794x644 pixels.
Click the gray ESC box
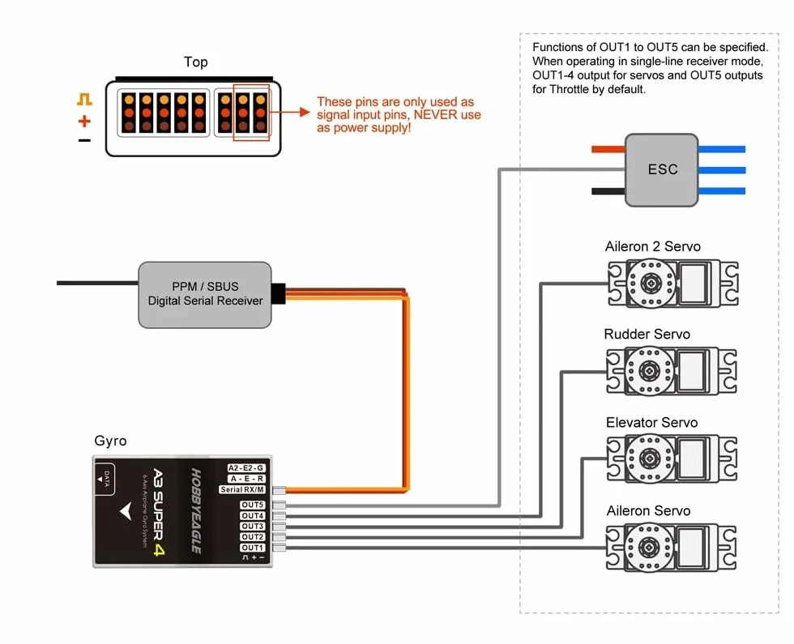pyautogui.click(x=661, y=170)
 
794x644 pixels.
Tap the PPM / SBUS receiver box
pyautogui.click(x=204, y=295)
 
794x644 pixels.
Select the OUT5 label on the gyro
pyautogui.click(x=252, y=505)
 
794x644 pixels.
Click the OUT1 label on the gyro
pyautogui.click(x=252, y=548)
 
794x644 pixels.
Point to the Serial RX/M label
pyautogui.click(x=242, y=489)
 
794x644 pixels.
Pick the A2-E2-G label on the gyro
pyautogui.click(x=246, y=468)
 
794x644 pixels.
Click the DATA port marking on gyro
pyautogui.click(x=105, y=479)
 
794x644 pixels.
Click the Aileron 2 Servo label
pyautogui.click(x=653, y=246)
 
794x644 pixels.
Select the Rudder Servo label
pyautogui.click(x=647, y=334)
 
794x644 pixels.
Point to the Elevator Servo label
pyautogui.click(x=651, y=422)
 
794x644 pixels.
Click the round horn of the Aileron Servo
pyautogui.click(x=649, y=547)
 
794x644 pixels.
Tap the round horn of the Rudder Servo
pyautogui.click(x=650, y=371)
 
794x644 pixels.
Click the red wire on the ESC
pyautogui.click(x=608, y=149)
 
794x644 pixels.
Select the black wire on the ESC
pyautogui.click(x=608, y=191)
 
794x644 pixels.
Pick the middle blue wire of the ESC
pyautogui.click(x=722, y=170)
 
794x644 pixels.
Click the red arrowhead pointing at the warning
pyautogui.click(x=305, y=112)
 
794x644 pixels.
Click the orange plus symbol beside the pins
pyautogui.click(x=84, y=121)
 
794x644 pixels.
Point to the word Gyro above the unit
pyautogui.click(x=110, y=441)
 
